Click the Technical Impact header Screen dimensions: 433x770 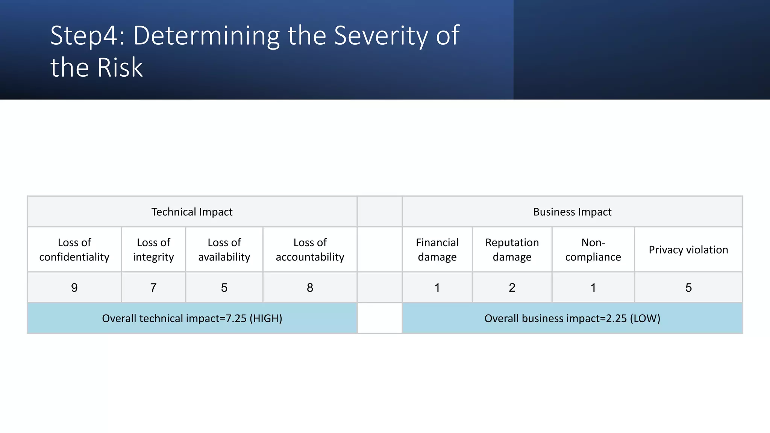(192, 212)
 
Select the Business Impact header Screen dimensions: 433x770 (572, 212)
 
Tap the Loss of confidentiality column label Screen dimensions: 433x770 (74, 250)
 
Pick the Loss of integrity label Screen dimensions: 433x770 (153, 250)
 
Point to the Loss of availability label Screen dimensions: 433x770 (224, 250)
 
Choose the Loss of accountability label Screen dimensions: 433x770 (310, 250)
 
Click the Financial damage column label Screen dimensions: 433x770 (437, 250)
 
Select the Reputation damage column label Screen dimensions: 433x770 (512, 250)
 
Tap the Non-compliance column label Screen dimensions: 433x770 (593, 250)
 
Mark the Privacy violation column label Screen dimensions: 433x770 (688, 250)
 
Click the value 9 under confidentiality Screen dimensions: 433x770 (74, 288)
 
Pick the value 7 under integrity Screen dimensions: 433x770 (153, 288)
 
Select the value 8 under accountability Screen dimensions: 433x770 (310, 288)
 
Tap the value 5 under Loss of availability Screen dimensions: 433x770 (224, 288)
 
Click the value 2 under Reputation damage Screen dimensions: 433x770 (512, 288)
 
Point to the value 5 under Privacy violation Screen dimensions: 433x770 (688, 288)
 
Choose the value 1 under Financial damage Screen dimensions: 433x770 (437, 288)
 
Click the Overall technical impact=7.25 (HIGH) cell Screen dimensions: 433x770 (192, 318)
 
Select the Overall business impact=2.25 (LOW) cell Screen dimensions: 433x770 (572, 318)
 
